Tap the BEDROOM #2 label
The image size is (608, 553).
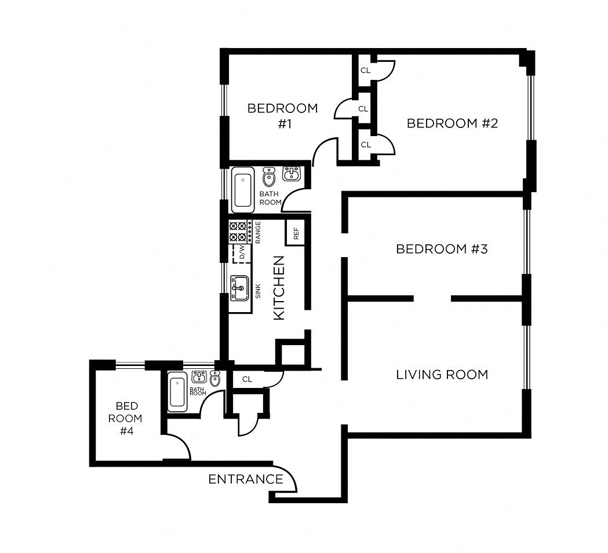point(452,123)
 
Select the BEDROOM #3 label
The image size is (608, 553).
point(442,249)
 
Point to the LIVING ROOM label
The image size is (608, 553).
point(442,375)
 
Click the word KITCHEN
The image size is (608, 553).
point(279,287)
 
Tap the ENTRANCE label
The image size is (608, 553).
point(246,479)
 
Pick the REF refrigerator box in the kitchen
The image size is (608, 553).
point(295,233)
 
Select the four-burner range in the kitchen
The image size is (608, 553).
point(238,231)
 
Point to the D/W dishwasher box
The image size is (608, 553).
point(238,252)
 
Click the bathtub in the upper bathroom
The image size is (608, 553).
point(242,189)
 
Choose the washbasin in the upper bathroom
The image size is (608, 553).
point(291,173)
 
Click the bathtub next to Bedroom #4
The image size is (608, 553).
point(177,392)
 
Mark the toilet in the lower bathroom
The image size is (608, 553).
point(215,378)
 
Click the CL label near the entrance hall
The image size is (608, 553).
point(247,379)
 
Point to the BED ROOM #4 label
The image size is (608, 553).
point(126,418)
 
